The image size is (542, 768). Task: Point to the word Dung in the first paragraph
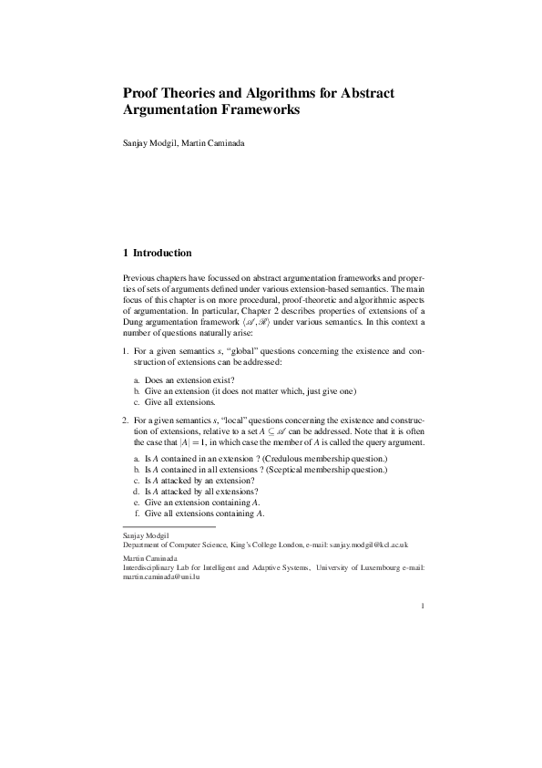click(x=134, y=323)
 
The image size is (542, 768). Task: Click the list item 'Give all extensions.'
click(x=174, y=402)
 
